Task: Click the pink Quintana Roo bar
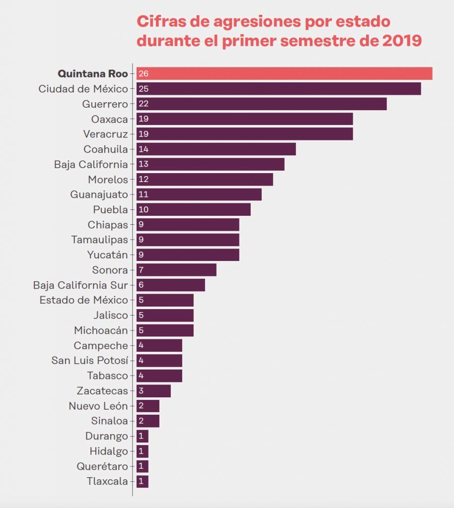[284, 73]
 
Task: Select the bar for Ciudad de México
[279, 89]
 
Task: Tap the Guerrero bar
[261, 104]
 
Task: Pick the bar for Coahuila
[216, 149]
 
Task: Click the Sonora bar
[176, 270]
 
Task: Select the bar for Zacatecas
[153, 391]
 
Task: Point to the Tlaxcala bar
[143, 481]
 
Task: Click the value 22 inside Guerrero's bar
[144, 104]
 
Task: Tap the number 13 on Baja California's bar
[144, 164]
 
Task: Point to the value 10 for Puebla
[144, 209]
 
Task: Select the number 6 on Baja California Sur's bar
[141, 285]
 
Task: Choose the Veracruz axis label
[105, 134]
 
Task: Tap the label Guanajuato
[99, 194]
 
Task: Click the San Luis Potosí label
[89, 360]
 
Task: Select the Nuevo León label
[98, 406]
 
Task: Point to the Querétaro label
[102, 466]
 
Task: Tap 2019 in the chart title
[402, 41]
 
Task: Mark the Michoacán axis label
[101, 330]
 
